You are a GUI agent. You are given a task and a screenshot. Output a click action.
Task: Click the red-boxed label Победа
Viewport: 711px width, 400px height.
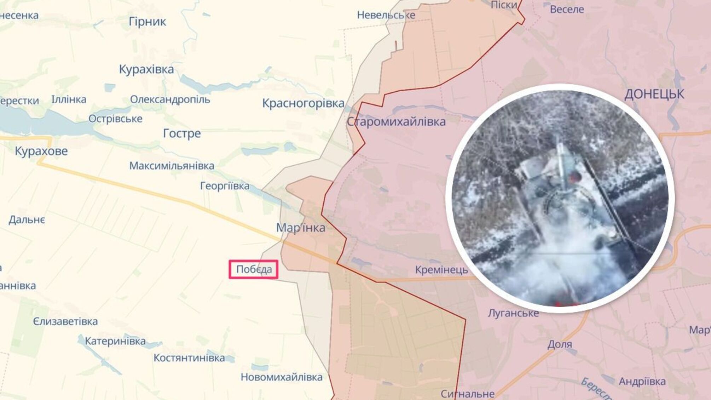click(254, 269)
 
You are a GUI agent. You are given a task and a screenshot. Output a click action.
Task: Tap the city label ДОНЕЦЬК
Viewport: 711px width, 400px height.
click(654, 95)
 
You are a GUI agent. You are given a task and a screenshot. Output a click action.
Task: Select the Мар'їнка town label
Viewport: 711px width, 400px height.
click(301, 228)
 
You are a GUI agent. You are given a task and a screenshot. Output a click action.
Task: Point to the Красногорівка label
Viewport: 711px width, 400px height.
click(303, 103)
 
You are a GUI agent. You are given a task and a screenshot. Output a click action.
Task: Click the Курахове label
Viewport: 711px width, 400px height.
click(41, 151)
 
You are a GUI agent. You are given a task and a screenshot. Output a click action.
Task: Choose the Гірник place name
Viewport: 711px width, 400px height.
click(147, 22)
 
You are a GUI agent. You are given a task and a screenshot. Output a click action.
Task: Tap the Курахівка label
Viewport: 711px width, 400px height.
click(146, 69)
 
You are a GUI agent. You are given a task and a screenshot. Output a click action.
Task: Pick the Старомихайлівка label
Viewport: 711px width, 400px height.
click(396, 122)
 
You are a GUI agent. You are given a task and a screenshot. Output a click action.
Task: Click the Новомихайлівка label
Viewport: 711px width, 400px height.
click(282, 377)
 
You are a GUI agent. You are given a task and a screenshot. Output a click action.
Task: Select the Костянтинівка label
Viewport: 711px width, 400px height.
click(189, 358)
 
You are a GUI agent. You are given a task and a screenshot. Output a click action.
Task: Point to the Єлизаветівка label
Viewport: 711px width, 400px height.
click(65, 321)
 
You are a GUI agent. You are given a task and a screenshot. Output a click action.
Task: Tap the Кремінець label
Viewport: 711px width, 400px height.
click(441, 270)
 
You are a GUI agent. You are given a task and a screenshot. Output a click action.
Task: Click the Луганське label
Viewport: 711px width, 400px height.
click(513, 313)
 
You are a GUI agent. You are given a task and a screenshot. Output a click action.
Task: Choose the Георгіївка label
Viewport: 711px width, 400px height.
click(225, 186)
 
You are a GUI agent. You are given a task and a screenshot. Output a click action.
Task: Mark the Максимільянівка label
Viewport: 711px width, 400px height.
click(172, 166)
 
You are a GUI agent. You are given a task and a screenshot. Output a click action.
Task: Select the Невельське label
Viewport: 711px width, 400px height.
click(386, 15)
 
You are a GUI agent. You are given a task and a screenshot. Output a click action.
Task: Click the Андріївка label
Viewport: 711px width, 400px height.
click(642, 381)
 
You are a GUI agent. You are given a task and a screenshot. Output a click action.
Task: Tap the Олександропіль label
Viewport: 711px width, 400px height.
click(170, 99)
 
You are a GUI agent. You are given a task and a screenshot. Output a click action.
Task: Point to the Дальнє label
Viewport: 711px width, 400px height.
click(27, 220)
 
